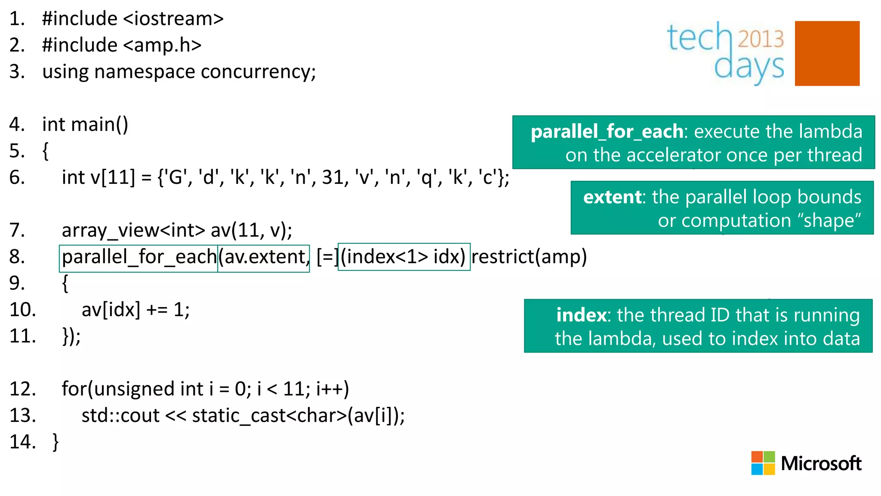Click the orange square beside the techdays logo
coord(827,53)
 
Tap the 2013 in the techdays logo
coord(761,39)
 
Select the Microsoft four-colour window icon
coord(763,463)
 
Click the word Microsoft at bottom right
coord(821,463)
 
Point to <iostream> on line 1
coord(173,19)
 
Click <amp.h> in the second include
coord(162,45)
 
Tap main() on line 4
coord(99,124)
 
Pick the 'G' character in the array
coord(175,177)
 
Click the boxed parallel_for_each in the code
coord(139,257)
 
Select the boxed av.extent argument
coord(263,257)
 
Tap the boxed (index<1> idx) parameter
coord(404,257)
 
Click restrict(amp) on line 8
coord(529,257)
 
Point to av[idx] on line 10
coord(111,310)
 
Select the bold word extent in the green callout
coord(612,197)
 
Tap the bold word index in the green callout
coord(581,315)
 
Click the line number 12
coord(22,389)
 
